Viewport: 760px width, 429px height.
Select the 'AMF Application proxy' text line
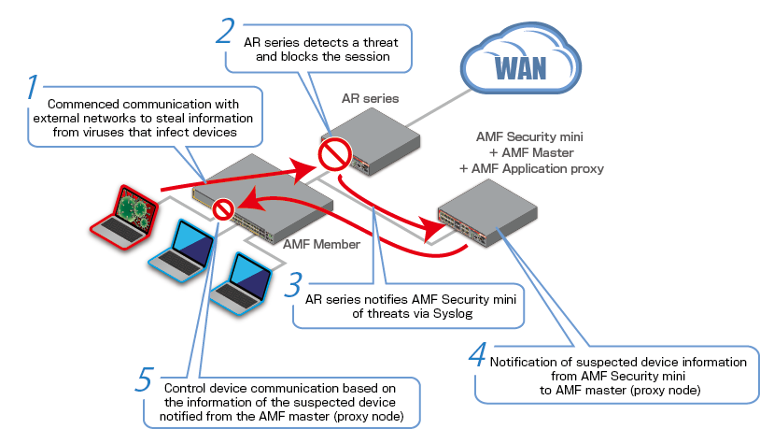pyautogui.click(x=532, y=168)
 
